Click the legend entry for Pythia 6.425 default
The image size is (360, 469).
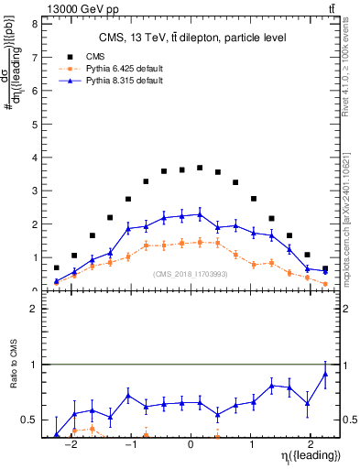(117, 69)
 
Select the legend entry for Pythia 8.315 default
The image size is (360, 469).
(117, 82)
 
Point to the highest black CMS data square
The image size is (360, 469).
(200, 168)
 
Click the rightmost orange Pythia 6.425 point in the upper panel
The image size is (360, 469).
(325, 284)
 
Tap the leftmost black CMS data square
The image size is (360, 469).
(57, 268)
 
